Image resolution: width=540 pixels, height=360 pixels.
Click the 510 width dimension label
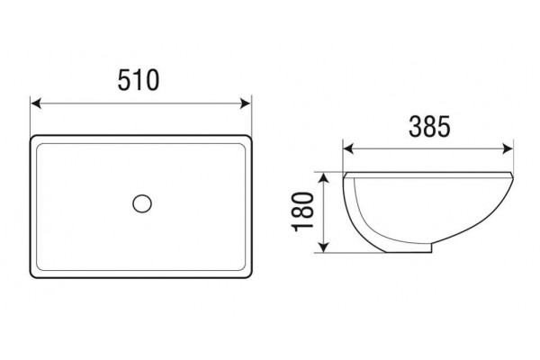coord(139,80)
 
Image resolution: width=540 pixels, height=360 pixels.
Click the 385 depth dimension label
coord(429,126)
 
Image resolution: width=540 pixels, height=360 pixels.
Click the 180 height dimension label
coord(303,211)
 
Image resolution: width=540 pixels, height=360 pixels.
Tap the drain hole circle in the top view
coord(142,203)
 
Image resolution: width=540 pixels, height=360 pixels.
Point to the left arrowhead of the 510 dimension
coord(36,103)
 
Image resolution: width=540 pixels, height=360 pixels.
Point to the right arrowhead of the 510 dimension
coord(246,103)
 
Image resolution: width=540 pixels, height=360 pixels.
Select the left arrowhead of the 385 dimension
coord(348,149)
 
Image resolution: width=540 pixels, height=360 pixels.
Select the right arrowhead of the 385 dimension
coord(508,149)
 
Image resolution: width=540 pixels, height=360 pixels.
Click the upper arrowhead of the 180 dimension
coord(323,178)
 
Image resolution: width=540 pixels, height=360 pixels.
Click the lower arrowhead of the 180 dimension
coord(323,247)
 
